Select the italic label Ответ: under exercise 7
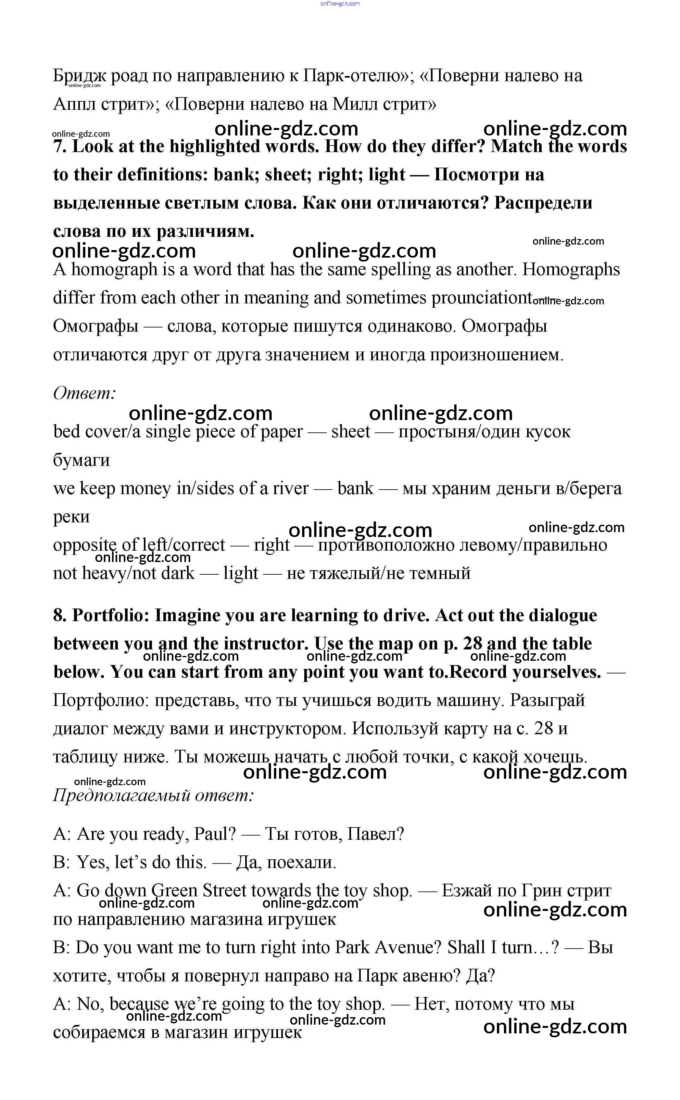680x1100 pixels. click(x=84, y=393)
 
